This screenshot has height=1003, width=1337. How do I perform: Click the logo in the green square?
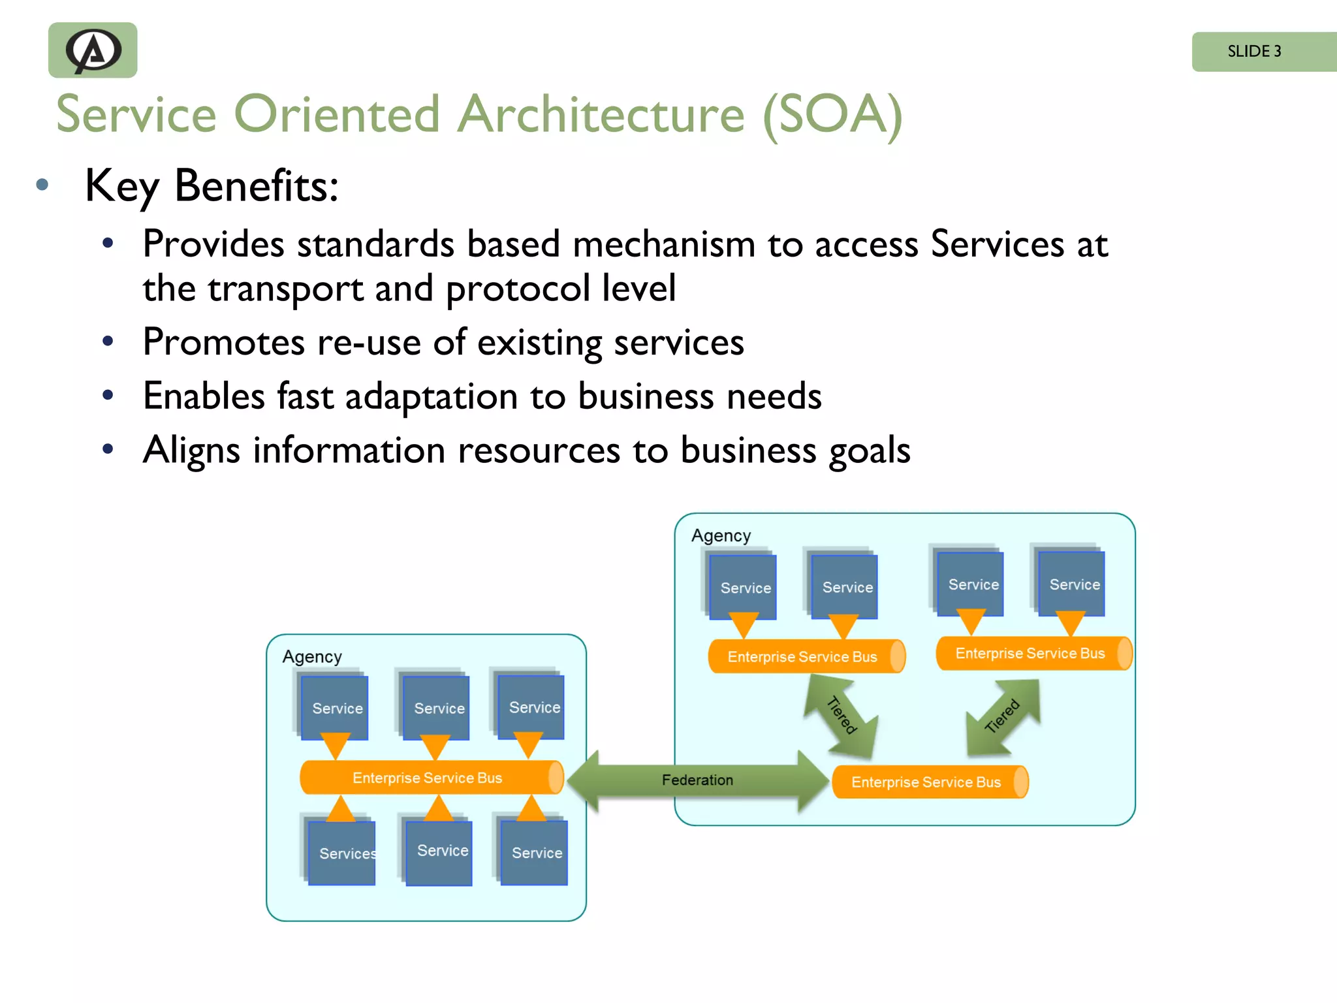[93, 50]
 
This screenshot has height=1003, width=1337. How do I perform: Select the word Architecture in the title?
[600, 115]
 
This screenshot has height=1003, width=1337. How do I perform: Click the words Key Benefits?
[212, 186]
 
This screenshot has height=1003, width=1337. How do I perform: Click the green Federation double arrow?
[697, 780]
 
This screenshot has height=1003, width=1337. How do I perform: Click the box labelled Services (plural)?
[341, 853]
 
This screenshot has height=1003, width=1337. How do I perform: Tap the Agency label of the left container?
[312, 656]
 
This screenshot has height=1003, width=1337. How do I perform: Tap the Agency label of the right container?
[721, 535]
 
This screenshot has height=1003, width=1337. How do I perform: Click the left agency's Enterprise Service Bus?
[428, 778]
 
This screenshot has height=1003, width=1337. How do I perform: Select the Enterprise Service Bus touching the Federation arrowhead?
[927, 782]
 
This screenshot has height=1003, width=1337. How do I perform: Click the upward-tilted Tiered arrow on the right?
[1003, 717]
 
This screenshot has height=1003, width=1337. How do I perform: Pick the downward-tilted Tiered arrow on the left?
[841, 716]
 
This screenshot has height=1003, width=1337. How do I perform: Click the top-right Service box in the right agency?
[1072, 584]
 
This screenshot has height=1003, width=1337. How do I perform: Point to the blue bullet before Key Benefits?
[42, 185]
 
